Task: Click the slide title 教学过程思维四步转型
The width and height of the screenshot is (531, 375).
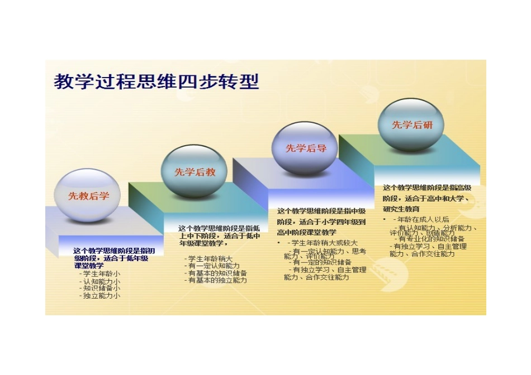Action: (x=157, y=82)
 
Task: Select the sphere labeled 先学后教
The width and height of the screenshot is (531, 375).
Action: (x=195, y=171)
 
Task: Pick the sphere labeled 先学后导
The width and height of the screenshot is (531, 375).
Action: (x=305, y=148)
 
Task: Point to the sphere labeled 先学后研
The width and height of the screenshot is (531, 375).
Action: (x=411, y=124)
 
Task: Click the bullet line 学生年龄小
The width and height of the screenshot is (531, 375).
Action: (x=101, y=274)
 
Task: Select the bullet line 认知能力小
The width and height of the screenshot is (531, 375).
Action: (x=101, y=281)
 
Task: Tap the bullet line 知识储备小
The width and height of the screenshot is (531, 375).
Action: (x=101, y=289)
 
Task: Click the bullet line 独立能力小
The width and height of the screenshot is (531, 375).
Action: (x=101, y=296)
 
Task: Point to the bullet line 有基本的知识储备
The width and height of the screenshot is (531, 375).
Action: (x=217, y=273)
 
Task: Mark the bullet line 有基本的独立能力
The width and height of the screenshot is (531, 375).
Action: (x=217, y=281)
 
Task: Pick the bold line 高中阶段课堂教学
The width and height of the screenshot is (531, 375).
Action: (x=306, y=232)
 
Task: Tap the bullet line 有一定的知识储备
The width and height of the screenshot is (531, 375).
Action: (x=322, y=262)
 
